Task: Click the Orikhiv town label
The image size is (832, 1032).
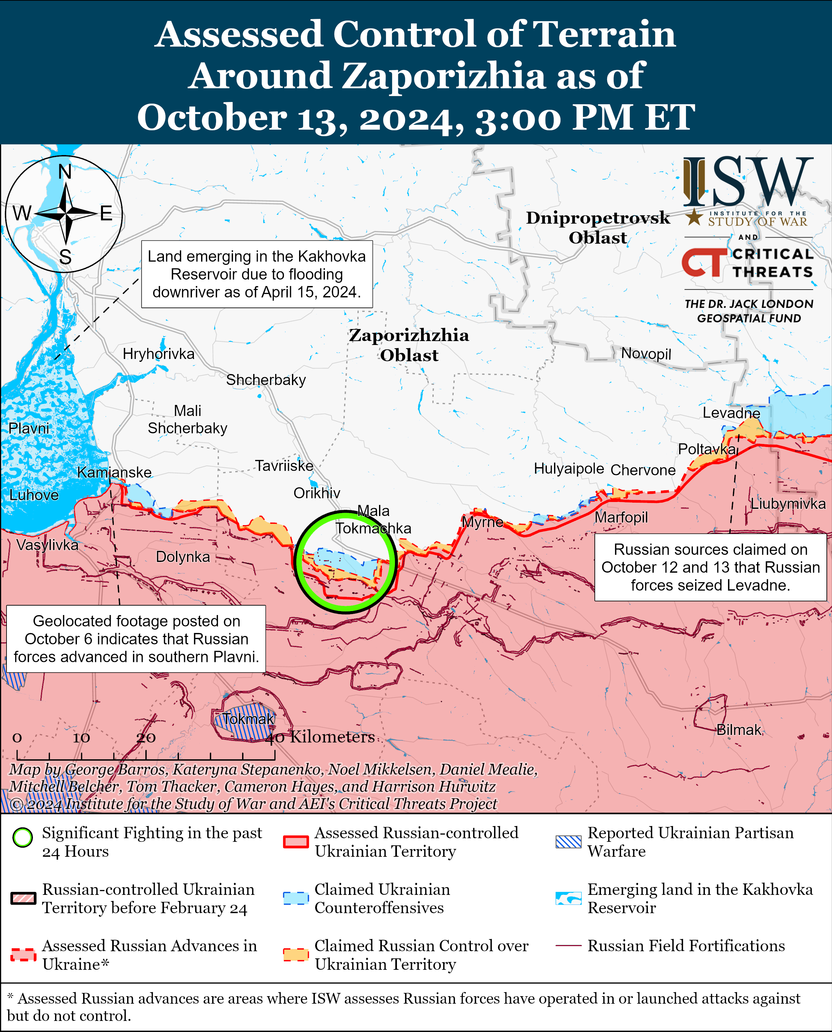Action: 317,493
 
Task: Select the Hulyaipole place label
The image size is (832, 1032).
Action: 569,468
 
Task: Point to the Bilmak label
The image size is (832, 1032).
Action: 738,730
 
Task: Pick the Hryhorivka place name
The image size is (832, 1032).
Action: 159,354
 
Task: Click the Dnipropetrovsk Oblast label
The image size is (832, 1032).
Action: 598,228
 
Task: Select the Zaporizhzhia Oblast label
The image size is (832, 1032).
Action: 409,345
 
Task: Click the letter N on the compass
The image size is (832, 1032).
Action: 65,172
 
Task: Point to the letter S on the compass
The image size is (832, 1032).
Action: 65,257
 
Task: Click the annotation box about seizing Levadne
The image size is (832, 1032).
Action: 710,567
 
